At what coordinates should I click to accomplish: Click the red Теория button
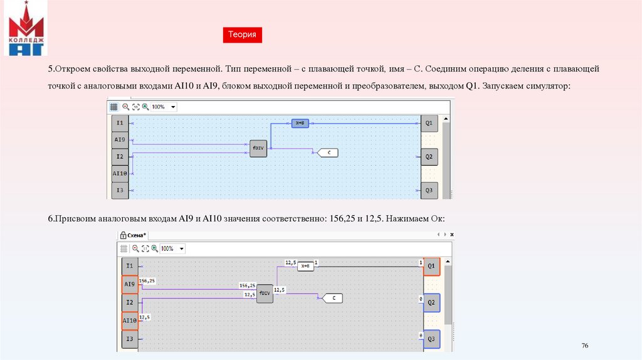click(x=242, y=35)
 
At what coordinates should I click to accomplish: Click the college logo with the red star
click(x=26, y=28)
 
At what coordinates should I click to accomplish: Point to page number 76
click(x=585, y=346)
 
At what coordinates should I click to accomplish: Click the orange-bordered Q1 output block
click(x=431, y=267)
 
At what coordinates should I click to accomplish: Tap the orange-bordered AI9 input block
click(x=129, y=285)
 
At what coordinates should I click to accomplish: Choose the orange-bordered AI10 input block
click(x=129, y=322)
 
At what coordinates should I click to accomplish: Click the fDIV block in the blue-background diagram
click(x=258, y=148)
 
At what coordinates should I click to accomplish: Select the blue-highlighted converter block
click(x=299, y=124)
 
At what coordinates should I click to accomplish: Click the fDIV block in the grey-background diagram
click(x=265, y=294)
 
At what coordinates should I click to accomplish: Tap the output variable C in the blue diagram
click(x=329, y=152)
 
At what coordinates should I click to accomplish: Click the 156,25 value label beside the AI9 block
click(x=147, y=281)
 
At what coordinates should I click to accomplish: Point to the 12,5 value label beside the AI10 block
click(x=144, y=317)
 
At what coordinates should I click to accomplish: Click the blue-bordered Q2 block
click(x=431, y=303)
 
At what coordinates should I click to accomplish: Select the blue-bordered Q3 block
click(x=431, y=339)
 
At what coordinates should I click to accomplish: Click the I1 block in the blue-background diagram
click(x=120, y=123)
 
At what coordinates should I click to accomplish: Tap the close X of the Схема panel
click(x=451, y=235)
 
